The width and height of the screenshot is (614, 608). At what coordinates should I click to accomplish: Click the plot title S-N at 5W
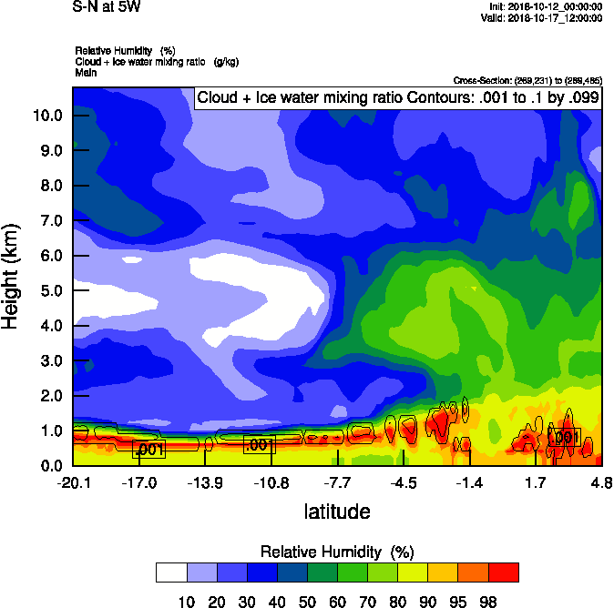click(x=101, y=6)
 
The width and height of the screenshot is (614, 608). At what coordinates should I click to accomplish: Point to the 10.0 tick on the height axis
click(x=47, y=116)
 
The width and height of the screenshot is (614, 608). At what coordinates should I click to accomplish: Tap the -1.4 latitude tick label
click(x=470, y=482)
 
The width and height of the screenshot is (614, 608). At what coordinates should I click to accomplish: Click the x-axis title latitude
click(x=337, y=512)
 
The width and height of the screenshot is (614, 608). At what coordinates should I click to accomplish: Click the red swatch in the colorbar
click(x=504, y=572)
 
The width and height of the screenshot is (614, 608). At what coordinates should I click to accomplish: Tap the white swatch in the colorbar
click(x=171, y=572)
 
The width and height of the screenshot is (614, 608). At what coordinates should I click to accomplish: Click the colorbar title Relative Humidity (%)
click(x=337, y=552)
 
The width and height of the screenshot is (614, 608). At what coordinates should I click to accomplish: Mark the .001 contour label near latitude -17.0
click(x=149, y=450)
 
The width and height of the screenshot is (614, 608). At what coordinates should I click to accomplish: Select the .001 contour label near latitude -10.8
click(x=259, y=445)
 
